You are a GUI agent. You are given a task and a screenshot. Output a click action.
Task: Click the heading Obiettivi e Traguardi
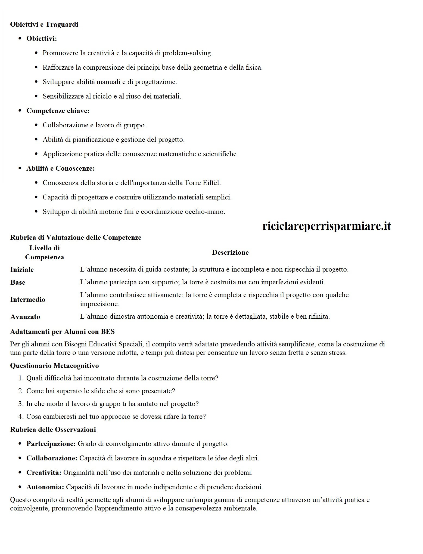(44, 24)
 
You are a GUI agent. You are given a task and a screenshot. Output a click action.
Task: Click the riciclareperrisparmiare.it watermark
(326, 226)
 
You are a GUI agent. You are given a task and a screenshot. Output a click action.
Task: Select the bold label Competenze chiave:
(58, 111)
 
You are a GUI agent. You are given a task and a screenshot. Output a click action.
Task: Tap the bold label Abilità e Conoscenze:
(60, 168)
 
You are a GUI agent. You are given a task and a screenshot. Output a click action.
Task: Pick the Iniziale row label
(22, 270)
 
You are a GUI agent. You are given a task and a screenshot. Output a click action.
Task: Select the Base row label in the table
(18, 282)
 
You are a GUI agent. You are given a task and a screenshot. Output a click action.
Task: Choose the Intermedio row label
(28, 300)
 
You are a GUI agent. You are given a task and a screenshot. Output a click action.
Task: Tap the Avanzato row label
(25, 317)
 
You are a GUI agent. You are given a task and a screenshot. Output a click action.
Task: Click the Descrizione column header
(230, 253)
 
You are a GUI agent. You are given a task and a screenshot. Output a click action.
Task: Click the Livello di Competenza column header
(44, 253)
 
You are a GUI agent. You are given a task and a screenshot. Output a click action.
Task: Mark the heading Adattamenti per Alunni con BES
(62, 332)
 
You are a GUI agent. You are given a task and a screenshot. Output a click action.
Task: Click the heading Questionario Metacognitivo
(54, 365)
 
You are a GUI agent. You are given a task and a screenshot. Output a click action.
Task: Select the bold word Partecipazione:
(51, 444)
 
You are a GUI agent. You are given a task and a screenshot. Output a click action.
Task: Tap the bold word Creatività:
(44, 473)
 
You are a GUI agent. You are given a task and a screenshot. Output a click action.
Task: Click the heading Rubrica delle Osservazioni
(53, 430)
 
